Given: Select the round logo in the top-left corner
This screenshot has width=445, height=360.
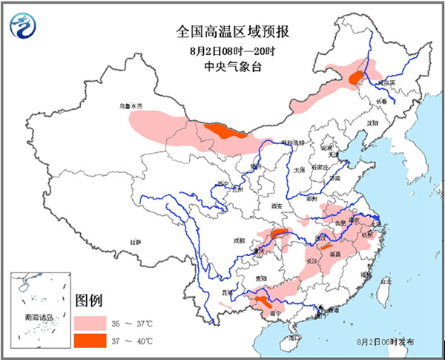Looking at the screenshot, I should (24, 27).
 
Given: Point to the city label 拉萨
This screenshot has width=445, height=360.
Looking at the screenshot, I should (135, 242).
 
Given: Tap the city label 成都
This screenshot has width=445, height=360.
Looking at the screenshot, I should (237, 240).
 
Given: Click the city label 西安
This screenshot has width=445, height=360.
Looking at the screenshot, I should (277, 206).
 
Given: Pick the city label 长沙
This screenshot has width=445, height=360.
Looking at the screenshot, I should (311, 261).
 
